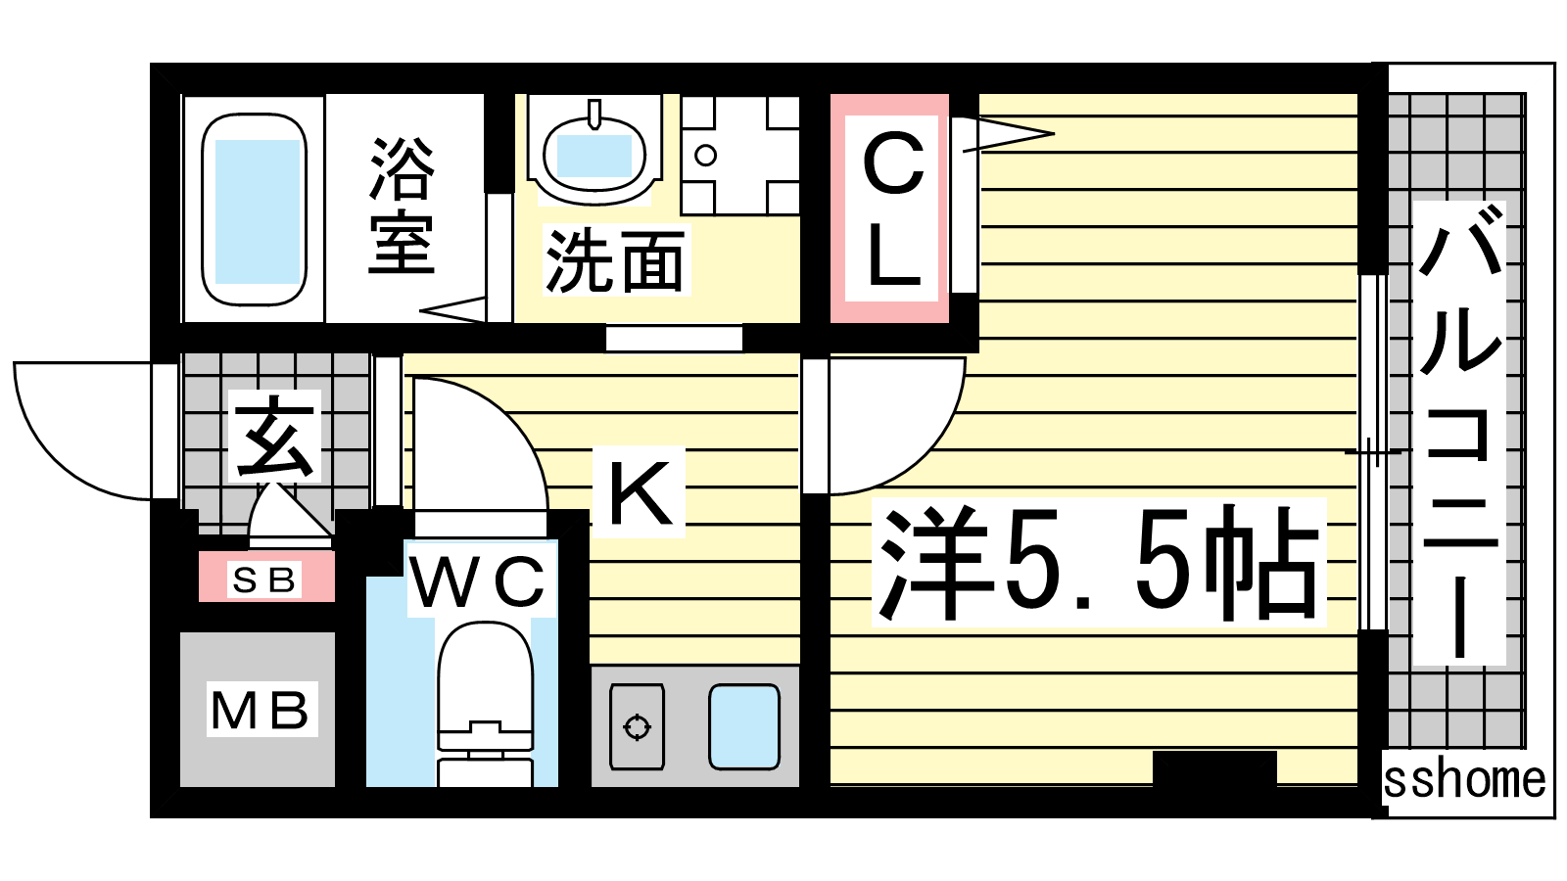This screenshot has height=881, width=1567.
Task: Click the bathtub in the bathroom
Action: click(x=254, y=209)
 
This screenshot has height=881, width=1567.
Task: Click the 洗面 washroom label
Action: click(x=614, y=260)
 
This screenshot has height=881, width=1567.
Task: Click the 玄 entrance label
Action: click(x=273, y=437)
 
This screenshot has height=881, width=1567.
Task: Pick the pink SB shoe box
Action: click(x=266, y=577)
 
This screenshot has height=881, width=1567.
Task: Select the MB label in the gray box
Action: click(x=260, y=710)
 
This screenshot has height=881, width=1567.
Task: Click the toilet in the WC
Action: click(x=486, y=703)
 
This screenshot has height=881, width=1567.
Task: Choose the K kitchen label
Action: click(x=640, y=492)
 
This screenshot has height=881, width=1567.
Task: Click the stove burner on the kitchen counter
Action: click(x=637, y=727)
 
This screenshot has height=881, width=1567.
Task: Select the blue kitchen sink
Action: click(x=744, y=726)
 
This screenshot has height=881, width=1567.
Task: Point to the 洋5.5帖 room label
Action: click(x=1098, y=563)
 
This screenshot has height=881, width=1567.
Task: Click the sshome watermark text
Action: click(x=1464, y=780)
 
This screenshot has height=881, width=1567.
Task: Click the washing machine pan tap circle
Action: click(x=706, y=156)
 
